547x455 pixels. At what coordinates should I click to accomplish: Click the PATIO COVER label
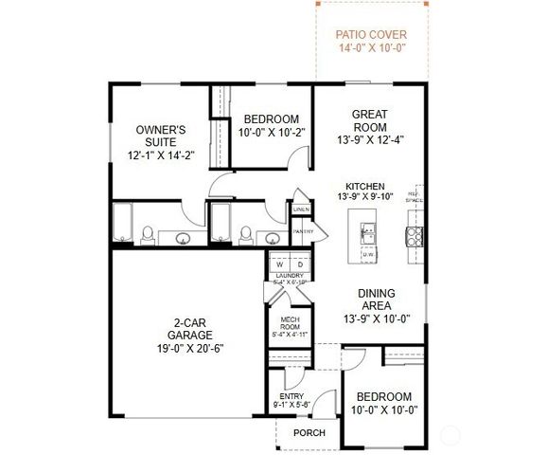(372, 35)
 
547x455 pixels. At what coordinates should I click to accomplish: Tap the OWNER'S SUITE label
(161, 129)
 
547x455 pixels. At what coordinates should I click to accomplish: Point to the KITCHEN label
(363, 186)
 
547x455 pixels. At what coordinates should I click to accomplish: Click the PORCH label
(309, 433)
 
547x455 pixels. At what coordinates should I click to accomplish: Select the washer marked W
(280, 263)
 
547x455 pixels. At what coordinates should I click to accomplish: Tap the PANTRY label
(303, 231)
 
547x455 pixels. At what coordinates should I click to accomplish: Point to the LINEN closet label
(301, 209)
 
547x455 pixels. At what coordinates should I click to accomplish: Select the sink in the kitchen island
(368, 230)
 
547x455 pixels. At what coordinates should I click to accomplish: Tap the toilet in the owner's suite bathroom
(147, 234)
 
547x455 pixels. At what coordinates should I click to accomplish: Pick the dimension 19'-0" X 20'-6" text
(185, 348)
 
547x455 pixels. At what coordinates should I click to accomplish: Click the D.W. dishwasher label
(368, 254)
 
